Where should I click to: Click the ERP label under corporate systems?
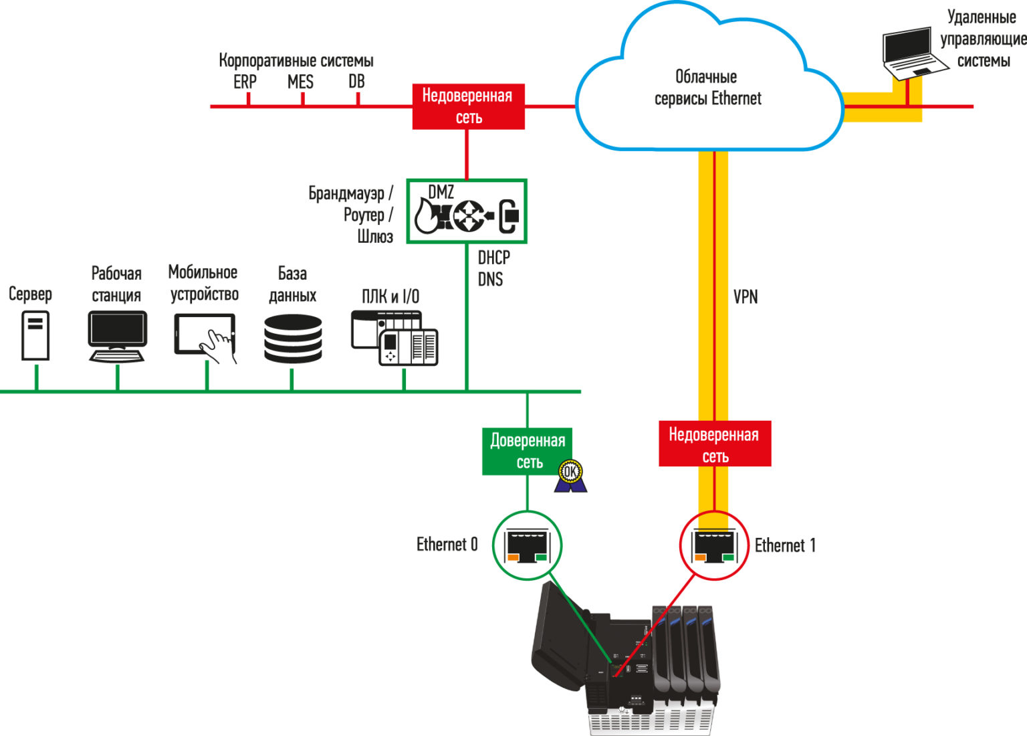click(x=245, y=82)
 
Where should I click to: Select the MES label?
click(x=300, y=82)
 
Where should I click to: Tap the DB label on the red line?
click(x=356, y=82)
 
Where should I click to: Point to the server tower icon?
click(x=35, y=335)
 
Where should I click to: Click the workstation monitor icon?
click(x=118, y=337)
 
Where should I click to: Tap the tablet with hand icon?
click(x=206, y=338)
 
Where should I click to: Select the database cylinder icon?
click(x=293, y=339)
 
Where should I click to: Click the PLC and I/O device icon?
click(x=394, y=338)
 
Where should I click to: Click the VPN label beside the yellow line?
click(x=746, y=297)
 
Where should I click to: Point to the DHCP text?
click(x=494, y=258)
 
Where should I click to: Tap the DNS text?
click(x=490, y=279)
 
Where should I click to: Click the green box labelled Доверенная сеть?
click(x=527, y=451)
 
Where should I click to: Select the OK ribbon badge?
click(x=570, y=476)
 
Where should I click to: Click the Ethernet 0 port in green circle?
click(x=528, y=545)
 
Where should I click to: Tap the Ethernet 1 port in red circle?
click(x=714, y=545)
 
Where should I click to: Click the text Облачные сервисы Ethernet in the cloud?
click(x=707, y=88)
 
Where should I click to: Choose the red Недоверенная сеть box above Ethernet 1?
click(x=715, y=444)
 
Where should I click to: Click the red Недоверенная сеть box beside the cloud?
click(x=468, y=106)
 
